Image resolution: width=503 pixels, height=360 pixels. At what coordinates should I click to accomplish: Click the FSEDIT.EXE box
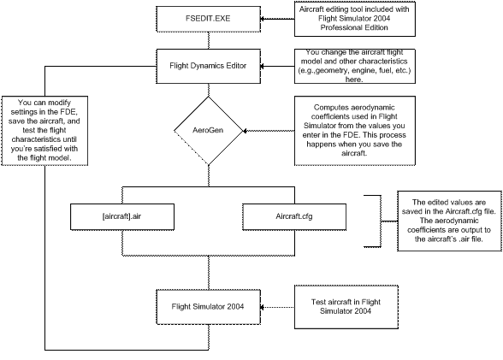click(x=208, y=19)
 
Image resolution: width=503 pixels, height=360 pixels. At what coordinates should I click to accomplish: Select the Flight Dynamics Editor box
click(x=208, y=67)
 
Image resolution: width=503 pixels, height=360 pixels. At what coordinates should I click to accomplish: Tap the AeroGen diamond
click(x=209, y=131)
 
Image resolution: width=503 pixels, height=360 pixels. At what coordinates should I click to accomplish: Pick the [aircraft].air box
click(x=122, y=216)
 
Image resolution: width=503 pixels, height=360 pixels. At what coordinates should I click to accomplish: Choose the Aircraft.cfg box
click(x=294, y=216)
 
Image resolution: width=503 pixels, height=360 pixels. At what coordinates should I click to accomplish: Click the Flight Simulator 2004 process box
click(x=208, y=307)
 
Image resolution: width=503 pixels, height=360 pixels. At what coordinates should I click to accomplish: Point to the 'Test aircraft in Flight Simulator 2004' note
click(x=346, y=307)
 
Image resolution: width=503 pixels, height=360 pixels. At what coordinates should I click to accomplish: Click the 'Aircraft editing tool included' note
click(x=355, y=19)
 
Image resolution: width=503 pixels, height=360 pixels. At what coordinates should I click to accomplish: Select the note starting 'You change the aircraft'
click(x=355, y=67)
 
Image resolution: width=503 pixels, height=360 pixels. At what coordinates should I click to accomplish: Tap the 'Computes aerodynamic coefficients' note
click(x=355, y=131)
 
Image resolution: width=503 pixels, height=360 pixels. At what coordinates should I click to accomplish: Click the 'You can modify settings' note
click(x=44, y=131)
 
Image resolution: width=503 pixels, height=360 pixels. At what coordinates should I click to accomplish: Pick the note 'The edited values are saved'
click(x=449, y=221)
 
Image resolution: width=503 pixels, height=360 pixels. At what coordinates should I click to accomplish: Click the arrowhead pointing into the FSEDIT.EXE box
click(x=263, y=19)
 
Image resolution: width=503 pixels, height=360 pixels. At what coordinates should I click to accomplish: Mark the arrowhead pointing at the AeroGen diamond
click(x=245, y=131)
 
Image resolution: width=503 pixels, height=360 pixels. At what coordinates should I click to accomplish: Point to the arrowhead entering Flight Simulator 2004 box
click(x=263, y=307)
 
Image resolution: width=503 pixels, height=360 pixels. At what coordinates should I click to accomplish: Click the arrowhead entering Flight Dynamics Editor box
click(x=263, y=67)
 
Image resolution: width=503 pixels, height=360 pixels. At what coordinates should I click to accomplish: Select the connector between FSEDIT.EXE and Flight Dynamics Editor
click(x=209, y=41)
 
